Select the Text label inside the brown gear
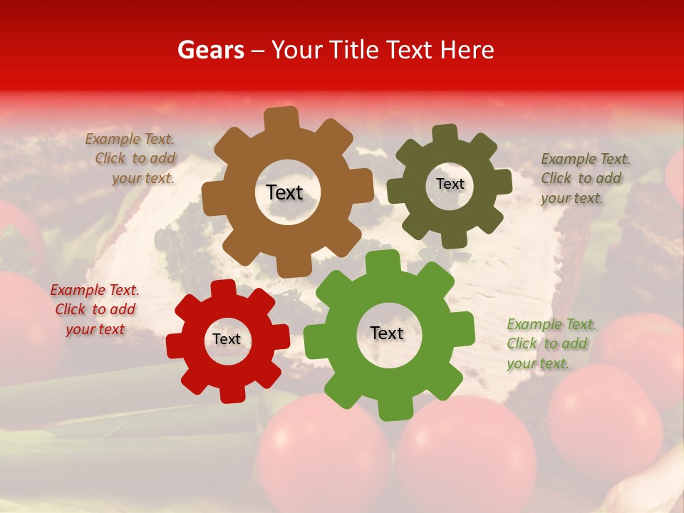pyautogui.click(x=284, y=192)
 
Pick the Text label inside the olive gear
pyautogui.click(x=450, y=184)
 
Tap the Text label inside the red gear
pyautogui.click(x=227, y=340)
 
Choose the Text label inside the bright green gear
pyautogui.click(x=387, y=333)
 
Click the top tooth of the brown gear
pyautogui.click(x=281, y=118)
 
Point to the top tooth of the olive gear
pyautogui.click(x=445, y=134)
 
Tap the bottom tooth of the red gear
pyautogui.click(x=232, y=394)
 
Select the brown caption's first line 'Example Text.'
pyautogui.click(x=130, y=140)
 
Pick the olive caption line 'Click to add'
pyautogui.click(x=581, y=179)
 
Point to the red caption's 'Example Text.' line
pyautogui.click(x=95, y=290)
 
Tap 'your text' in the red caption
pyautogui.click(x=95, y=329)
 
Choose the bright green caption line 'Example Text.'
pyautogui.click(x=551, y=325)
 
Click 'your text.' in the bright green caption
pyautogui.click(x=538, y=363)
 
